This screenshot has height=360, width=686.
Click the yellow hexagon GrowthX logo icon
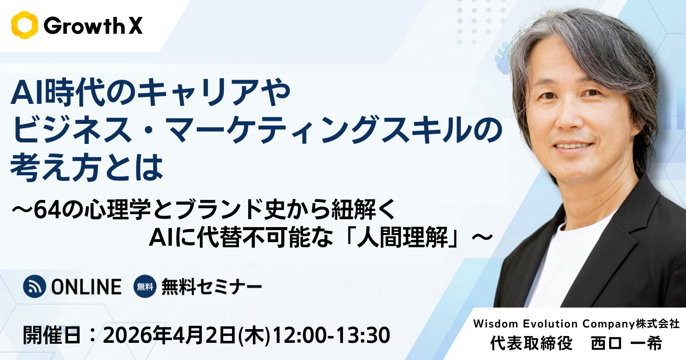click(24, 25)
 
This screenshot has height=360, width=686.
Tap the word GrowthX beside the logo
click(93, 26)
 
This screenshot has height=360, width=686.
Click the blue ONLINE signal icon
click(35, 287)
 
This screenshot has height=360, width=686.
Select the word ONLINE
click(86, 287)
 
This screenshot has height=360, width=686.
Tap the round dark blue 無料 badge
click(145, 287)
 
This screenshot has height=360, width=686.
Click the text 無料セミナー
click(212, 287)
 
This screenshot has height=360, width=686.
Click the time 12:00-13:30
click(331, 335)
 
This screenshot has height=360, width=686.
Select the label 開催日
click(52, 335)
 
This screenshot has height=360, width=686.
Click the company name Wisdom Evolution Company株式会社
click(576, 324)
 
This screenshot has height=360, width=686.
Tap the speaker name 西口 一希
click(626, 343)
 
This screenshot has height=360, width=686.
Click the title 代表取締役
click(531, 343)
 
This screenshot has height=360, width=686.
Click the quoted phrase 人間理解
click(403, 237)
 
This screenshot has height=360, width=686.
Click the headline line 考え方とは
click(87, 168)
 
